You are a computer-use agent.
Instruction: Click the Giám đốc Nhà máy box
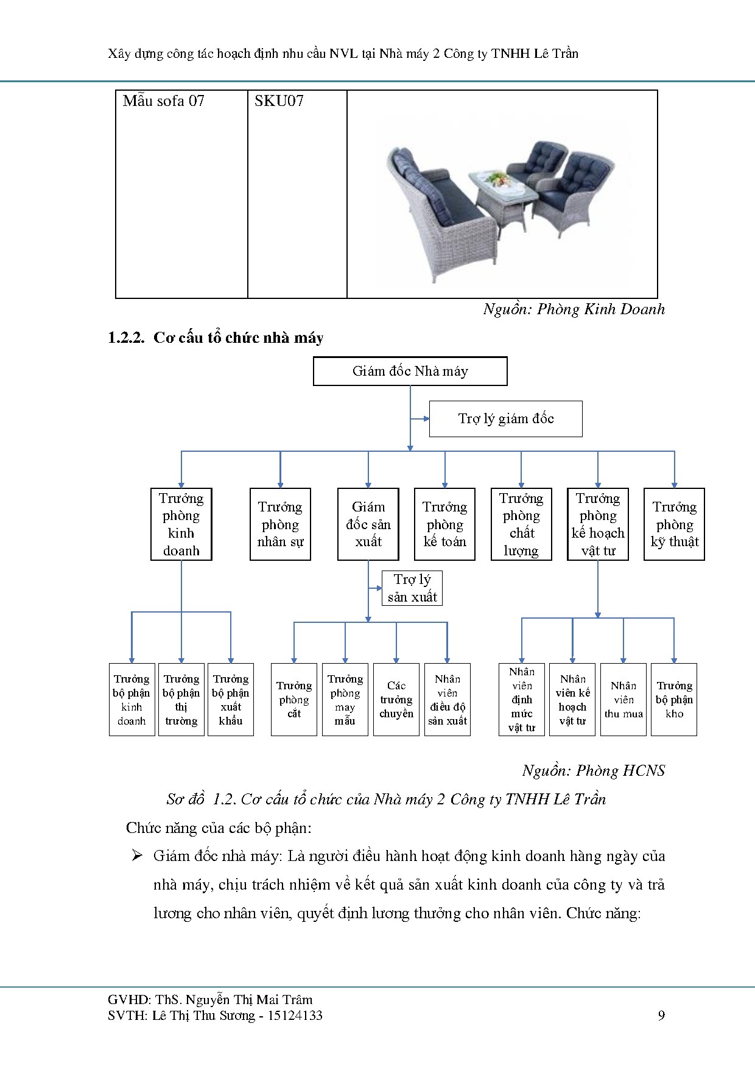410,371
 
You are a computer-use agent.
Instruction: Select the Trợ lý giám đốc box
505,419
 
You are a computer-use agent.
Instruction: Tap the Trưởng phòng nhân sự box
280,524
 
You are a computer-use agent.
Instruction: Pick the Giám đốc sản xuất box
368,524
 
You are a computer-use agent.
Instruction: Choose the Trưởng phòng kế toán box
444,524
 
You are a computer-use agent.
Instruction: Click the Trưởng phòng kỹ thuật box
674,524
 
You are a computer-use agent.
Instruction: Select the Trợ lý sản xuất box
412,588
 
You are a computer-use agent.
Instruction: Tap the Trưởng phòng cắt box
294,700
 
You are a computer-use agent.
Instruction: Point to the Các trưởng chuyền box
396,700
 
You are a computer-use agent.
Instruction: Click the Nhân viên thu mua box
623,700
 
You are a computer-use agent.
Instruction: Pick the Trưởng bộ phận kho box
674,700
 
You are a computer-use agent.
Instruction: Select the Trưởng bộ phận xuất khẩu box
231,700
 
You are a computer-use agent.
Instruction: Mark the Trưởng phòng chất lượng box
521,524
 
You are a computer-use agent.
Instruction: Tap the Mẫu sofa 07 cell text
163,101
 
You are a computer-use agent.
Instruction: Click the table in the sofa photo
502,190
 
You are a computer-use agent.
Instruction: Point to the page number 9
661,1016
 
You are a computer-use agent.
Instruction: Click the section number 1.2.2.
126,338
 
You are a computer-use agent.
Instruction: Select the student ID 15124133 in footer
295,1016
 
